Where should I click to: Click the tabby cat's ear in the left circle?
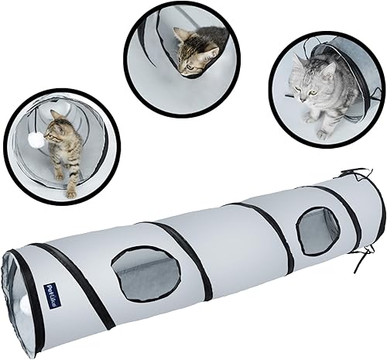tap(55, 115)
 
